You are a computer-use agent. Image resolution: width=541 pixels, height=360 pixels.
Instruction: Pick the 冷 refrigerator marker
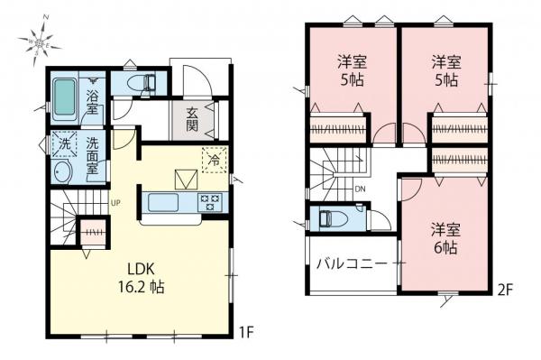[x=215, y=158]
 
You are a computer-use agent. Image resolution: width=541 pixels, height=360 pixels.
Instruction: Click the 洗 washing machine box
[x=63, y=144]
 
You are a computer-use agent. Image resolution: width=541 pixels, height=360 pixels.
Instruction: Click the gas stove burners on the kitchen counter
[x=209, y=201]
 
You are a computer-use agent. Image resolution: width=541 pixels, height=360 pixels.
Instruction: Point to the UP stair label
[x=116, y=203]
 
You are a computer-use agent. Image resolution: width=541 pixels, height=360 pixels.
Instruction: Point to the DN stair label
[x=359, y=190]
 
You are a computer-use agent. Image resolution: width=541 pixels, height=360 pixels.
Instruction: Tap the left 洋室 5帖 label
[x=351, y=69]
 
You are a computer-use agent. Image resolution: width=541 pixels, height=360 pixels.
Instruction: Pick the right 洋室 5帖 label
[x=443, y=69]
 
